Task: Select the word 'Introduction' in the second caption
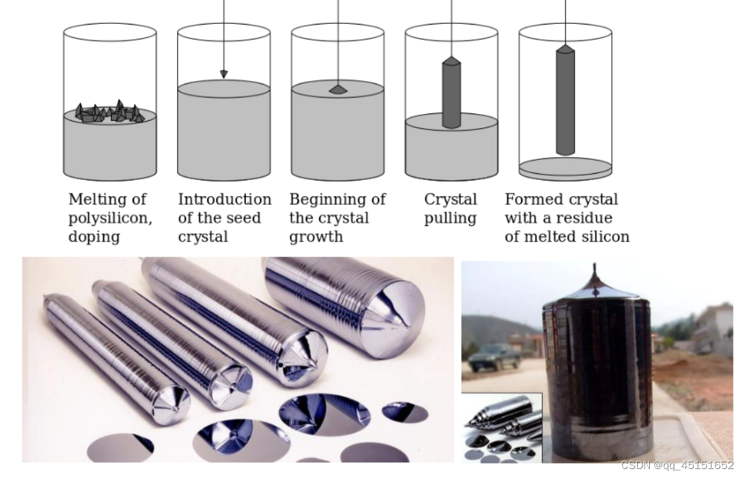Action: pyautogui.click(x=225, y=199)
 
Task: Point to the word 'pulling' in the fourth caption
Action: pyautogui.click(x=450, y=219)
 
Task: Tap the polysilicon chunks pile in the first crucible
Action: pyautogui.click(x=109, y=112)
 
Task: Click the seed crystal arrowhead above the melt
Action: pyautogui.click(x=224, y=74)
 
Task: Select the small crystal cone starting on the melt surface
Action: pyautogui.click(x=338, y=89)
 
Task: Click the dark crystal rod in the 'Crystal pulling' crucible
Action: pyautogui.click(x=451, y=93)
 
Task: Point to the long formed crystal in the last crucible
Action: pyautogui.click(x=565, y=100)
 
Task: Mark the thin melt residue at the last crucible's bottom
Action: pyautogui.click(x=565, y=169)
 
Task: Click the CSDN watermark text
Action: pyautogui.click(x=677, y=466)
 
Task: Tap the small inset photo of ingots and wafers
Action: pyautogui.click(x=502, y=428)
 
